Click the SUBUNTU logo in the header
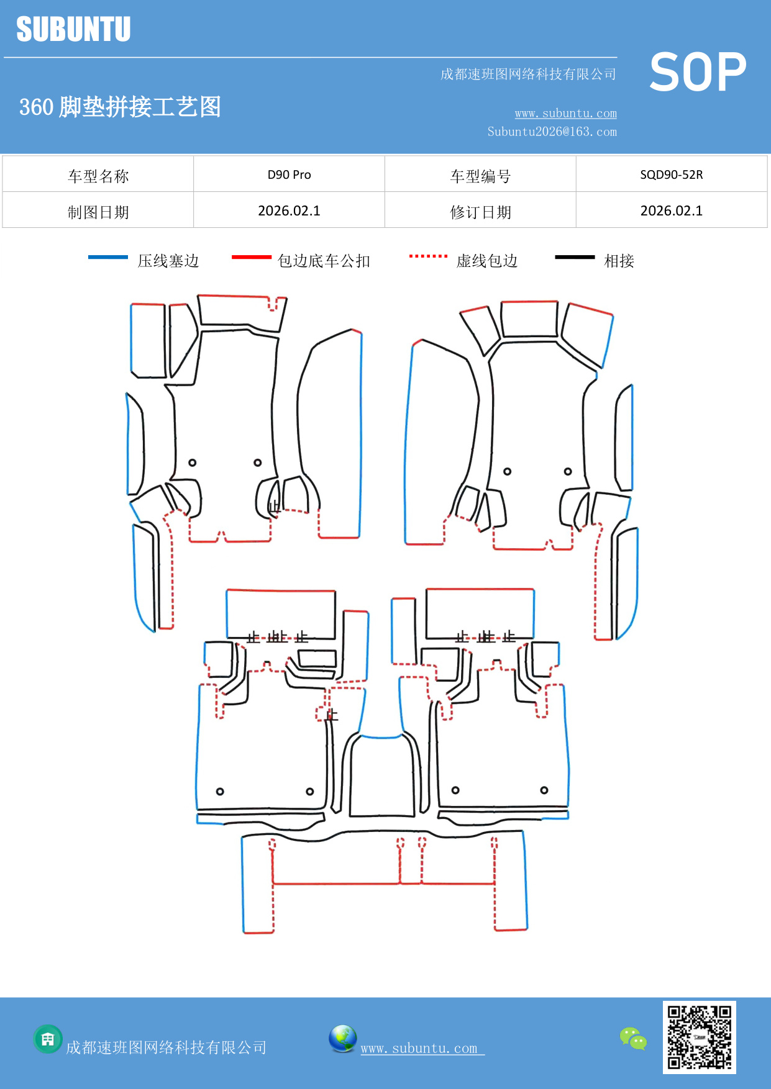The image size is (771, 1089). point(73,29)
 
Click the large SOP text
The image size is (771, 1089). point(698,72)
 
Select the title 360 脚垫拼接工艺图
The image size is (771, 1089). point(120,107)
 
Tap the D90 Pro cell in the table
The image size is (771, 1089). point(289,174)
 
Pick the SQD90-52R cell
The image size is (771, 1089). point(671,174)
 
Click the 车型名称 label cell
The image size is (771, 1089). point(98,176)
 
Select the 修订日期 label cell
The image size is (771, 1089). point(480,212)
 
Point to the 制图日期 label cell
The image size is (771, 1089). point(98,212)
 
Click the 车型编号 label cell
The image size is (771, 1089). point(480,176)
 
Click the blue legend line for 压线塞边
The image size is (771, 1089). point(107,257)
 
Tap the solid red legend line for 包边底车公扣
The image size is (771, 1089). point(251,257)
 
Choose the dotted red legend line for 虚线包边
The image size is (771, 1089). point(428,256)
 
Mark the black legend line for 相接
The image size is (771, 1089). point(575,257)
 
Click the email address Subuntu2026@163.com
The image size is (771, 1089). point(552,132)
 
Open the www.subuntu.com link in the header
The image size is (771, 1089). point(565,113)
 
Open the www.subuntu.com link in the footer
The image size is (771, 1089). point(419,1048)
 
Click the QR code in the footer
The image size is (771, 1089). point(699,1037)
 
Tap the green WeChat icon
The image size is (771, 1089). point(633,1039)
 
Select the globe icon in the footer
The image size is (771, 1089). point(342,1039)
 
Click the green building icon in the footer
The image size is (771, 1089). point(47,1039)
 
